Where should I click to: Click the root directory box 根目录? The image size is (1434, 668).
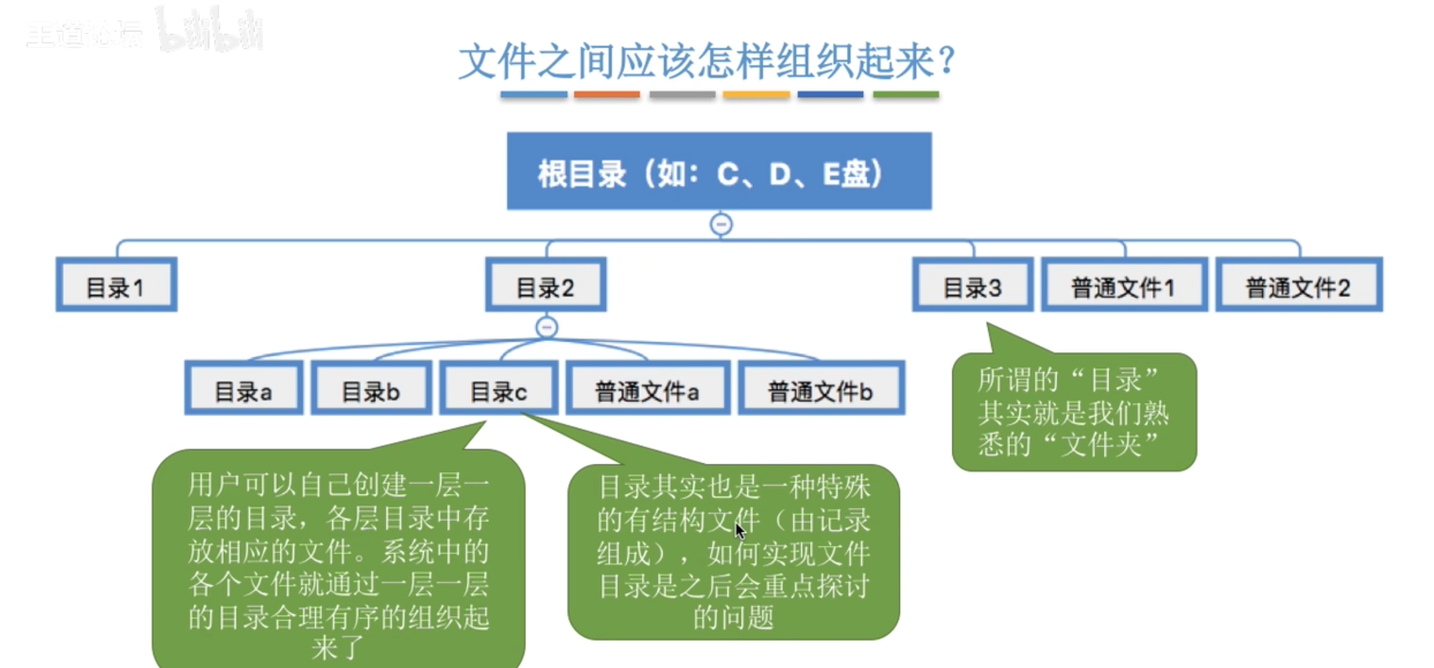[719, 171]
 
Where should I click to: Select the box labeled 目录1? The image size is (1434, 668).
[116, 285]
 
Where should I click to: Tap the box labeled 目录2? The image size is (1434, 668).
[546, 285]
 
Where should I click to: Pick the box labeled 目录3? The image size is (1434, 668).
[972, 285]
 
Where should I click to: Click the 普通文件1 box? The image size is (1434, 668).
[1124, 285]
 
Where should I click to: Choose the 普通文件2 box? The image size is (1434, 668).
[1298, 285]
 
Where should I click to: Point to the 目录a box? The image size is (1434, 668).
[243, 389]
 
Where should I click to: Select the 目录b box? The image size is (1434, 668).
[371, 389]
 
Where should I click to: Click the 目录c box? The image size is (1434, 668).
[498, 389]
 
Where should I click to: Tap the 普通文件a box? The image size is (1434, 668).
[647, 389]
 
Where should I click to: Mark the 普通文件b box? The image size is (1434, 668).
[821, 389]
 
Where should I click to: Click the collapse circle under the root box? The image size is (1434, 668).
[721, 224]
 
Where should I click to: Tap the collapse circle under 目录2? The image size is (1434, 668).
[546, 327]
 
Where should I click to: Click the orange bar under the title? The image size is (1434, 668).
[607, 95]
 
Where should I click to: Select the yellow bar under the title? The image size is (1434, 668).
[756, 95]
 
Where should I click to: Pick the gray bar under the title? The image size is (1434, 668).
[682, 95]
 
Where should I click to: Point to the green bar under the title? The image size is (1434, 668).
[906, 95]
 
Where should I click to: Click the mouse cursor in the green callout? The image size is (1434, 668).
[740, 531]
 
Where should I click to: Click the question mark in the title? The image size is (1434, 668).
[948, 60]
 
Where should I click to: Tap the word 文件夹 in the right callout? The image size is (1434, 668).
[1101, 444]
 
